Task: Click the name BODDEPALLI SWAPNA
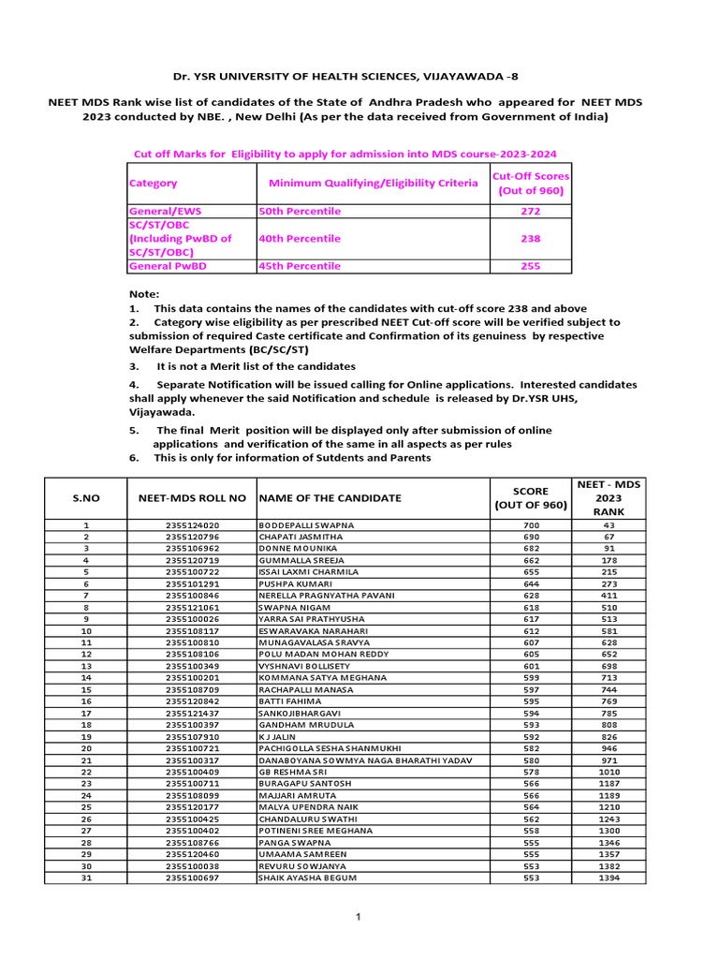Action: pyautogui.click(x=306, y=525)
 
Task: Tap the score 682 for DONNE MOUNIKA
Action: pyautogui.click(x=531, y=548)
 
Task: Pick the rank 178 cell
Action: pyautogui.click(x=609, y=559)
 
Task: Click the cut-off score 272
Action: pyautogui.click(x=531, y=212)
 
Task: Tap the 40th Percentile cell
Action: pyautogui.click(x=300, y=239)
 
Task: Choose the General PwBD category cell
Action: pyautogui.click(x=169, y=266)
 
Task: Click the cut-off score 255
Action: pyautogui.click(x=531, y=266)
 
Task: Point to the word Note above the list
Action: pyautogui.click(x=145, y=294)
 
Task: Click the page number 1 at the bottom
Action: pyautogui.click(x=358, y=916)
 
